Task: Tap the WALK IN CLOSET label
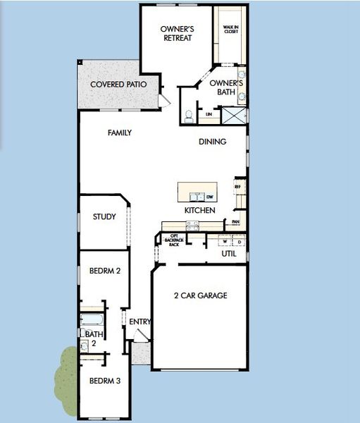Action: point(230,30)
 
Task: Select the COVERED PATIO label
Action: point(118,85)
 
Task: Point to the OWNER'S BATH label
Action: point(227,87)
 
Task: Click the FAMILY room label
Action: point(120,133)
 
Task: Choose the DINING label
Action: point(212,142)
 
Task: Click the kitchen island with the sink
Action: point(197,192)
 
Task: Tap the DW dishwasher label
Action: point(210,197)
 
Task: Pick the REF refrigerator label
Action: point(237,187)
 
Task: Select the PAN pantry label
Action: point(235,221)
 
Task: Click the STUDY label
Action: point(104,217)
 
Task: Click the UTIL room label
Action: point(229,253)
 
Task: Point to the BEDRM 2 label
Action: point(104,271)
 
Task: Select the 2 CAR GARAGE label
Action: point(201,295)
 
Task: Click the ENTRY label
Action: point(140,322)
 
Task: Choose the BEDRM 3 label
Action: point(104,381)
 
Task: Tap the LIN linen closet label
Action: point(209,114)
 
